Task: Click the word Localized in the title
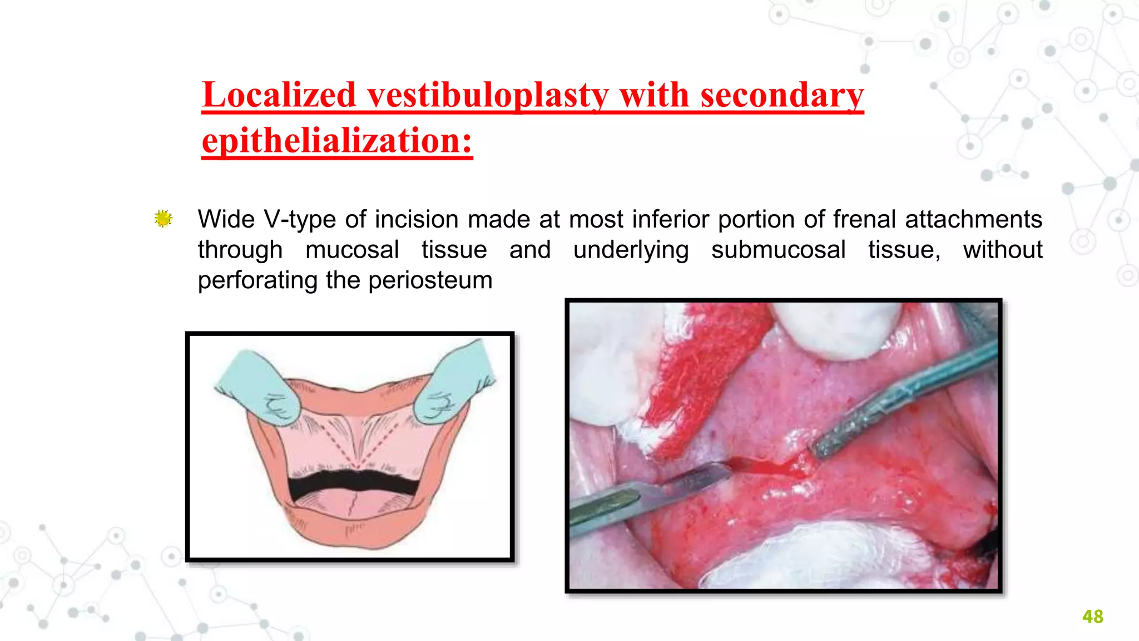click(x=279, y=95)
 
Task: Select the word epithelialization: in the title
click(x=337, y=141)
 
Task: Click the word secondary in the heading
click(x=781, y=95)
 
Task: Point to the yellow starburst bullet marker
click(x=163, y=219)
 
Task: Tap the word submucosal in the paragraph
click(x=778, y=249)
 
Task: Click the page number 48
click(x=1092, y=617)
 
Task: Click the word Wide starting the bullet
click(x=226, y=219)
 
